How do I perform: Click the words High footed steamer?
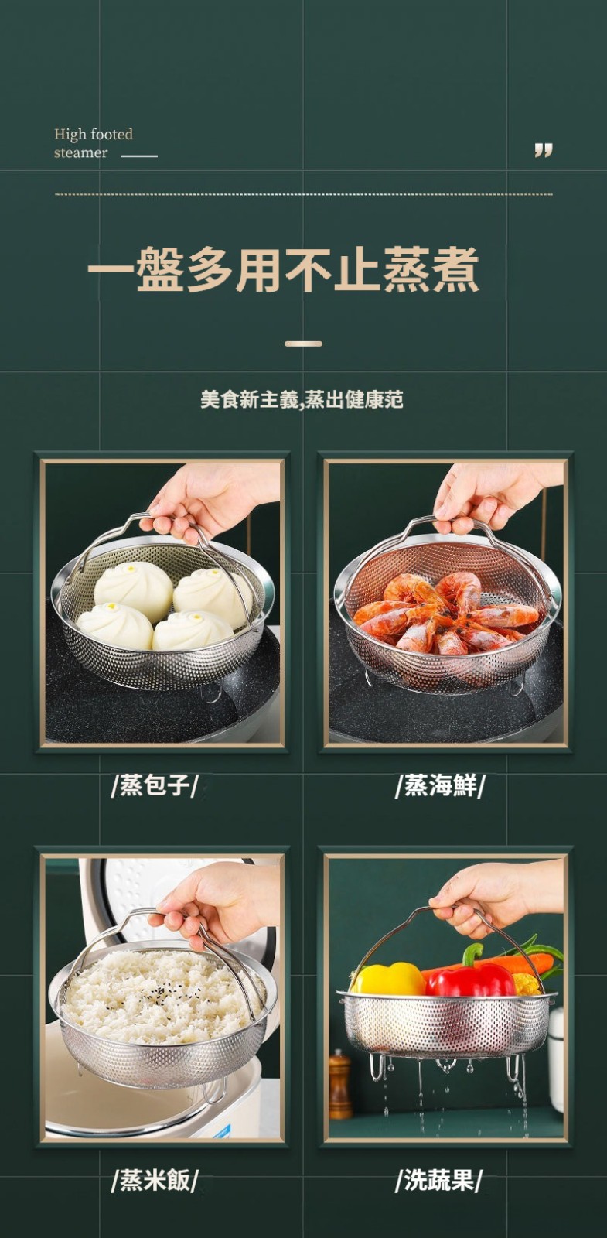coord(94,143)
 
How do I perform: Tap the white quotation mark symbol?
coord(544,150)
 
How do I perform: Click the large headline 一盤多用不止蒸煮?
coord(283,269)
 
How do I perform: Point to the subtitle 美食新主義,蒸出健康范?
coord(302,399)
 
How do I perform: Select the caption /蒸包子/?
coord(154,785)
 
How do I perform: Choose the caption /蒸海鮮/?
coord(440,785)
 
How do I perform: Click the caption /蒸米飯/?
coord(154,1180)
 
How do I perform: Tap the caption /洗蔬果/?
coord(440,1180)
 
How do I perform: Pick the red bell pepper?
coord(471,979)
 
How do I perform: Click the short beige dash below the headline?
coord(303,344)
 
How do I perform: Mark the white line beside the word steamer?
coord(139,156)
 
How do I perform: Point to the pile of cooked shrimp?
coord(445,614)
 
